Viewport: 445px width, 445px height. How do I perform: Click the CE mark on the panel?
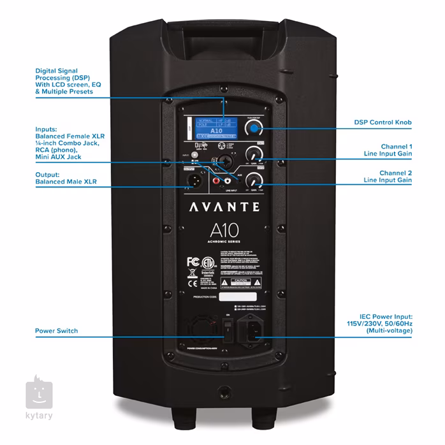189,274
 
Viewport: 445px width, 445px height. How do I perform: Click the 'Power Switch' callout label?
57,331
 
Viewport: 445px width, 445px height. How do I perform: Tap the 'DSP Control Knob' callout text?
383,122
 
